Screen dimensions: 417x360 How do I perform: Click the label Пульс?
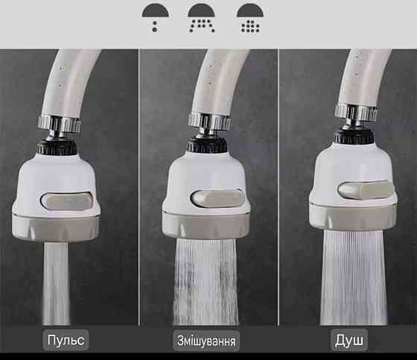pos(66,340)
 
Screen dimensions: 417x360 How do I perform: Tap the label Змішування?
pos(206,341)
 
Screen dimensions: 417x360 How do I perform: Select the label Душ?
pos(349,340)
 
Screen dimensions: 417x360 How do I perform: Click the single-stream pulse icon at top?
pos(155,18)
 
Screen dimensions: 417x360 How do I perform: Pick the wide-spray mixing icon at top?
pos(202,18)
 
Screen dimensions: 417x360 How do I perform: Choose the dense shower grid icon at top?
pos(250,18)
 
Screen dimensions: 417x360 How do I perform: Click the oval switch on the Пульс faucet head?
pos(67,200)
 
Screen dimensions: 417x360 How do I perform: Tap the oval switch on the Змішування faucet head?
pos(217,198)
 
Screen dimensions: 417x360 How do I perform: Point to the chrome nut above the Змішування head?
pos(209,122)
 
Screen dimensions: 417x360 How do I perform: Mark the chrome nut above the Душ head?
pos(356,113)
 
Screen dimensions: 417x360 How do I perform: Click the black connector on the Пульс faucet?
pos(57,146)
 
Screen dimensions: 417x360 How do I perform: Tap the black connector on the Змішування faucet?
pos(208,144)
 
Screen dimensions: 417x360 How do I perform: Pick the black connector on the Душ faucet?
pos(354,135)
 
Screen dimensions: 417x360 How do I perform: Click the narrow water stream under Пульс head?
pos(56,283)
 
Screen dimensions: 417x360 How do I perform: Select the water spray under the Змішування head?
pos(206,282)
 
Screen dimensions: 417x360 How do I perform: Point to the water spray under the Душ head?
pos(354,277)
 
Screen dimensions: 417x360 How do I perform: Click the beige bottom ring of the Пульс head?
pos(55,227)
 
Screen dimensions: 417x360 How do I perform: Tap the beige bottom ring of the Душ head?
pos(353,217)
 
